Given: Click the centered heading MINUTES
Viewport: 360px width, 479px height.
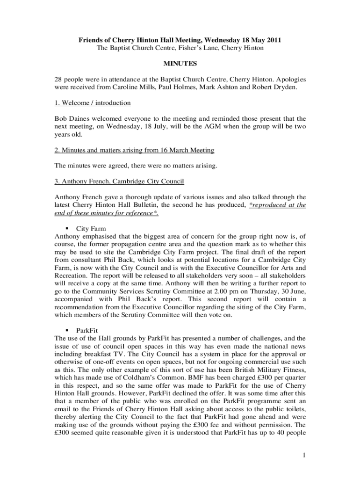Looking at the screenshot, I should coord(180,63).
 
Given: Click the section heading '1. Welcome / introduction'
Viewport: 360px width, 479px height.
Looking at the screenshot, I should coord(93,102).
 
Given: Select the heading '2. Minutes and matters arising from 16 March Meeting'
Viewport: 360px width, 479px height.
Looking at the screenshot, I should coord(134,150).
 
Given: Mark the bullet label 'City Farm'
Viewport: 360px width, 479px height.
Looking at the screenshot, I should coord(91,229).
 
